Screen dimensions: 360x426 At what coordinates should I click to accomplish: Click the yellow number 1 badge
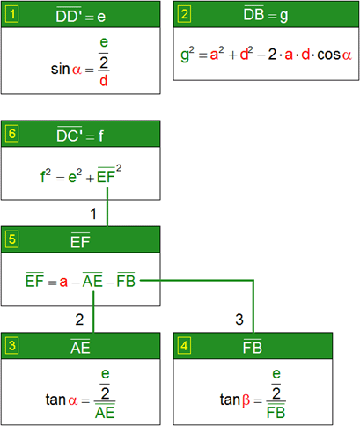12,14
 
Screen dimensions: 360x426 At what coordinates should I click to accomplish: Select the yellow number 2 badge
184,14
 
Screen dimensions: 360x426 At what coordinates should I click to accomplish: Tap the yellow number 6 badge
12,134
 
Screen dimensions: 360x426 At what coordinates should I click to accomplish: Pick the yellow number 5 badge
12,239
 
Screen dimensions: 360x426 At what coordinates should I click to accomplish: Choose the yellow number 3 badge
12,346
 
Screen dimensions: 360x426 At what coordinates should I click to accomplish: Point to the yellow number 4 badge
184,346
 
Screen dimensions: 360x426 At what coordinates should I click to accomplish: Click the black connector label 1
93,214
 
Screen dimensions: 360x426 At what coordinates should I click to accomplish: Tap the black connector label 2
79,319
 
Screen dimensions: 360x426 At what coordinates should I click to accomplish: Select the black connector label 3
239,319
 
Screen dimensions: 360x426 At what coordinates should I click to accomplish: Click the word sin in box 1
60,69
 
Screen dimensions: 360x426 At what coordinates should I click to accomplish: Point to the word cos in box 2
328,55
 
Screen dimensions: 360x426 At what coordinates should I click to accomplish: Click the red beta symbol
246,400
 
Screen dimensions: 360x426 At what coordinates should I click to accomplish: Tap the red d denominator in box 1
104,81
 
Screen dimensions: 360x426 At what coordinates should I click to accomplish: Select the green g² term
187,55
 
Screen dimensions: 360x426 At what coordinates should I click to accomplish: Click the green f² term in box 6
45,175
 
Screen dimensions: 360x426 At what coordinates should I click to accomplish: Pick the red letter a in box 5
63,282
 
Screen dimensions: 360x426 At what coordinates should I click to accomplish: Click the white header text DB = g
266,14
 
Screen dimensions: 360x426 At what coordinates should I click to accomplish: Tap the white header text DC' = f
80,135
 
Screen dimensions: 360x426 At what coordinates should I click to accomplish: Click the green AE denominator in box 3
105,413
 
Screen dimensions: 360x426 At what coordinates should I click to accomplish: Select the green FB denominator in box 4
276,413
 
